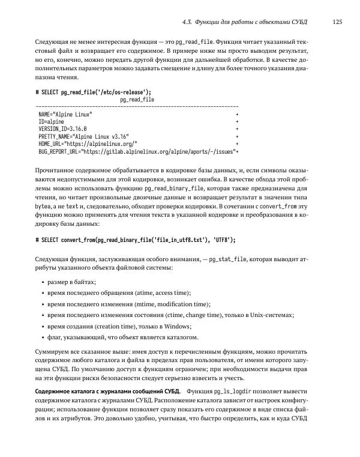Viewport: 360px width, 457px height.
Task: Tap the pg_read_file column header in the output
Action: tap(137, 100)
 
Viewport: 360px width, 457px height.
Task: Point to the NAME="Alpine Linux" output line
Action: tap(65, 113)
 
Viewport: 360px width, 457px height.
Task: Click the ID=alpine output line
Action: tap(52, 121)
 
